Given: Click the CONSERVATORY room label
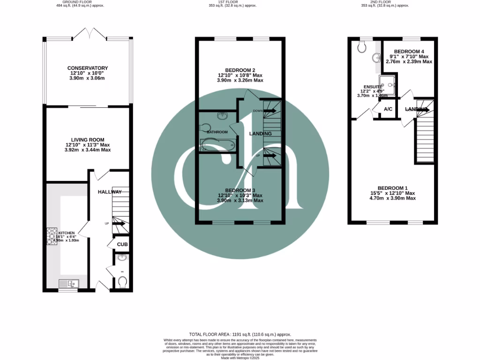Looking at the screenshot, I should pos(88,68).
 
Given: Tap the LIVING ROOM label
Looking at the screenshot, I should pos(88,140).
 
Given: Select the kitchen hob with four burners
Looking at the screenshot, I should pos(51,237).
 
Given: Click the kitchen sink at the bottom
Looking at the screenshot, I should pos(69,283).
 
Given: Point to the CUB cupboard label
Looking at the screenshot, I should pos(122,245).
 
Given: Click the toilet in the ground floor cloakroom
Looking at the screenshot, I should pos(122,281).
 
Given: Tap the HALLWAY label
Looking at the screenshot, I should pos(110,192).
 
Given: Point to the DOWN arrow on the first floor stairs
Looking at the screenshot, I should pos(269,111).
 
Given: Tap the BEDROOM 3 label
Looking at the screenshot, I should pos(240,190).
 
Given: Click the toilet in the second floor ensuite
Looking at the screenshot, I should pos(361,46).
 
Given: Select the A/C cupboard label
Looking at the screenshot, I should pos(388,109).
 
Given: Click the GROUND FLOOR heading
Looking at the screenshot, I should pos(88,2).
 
